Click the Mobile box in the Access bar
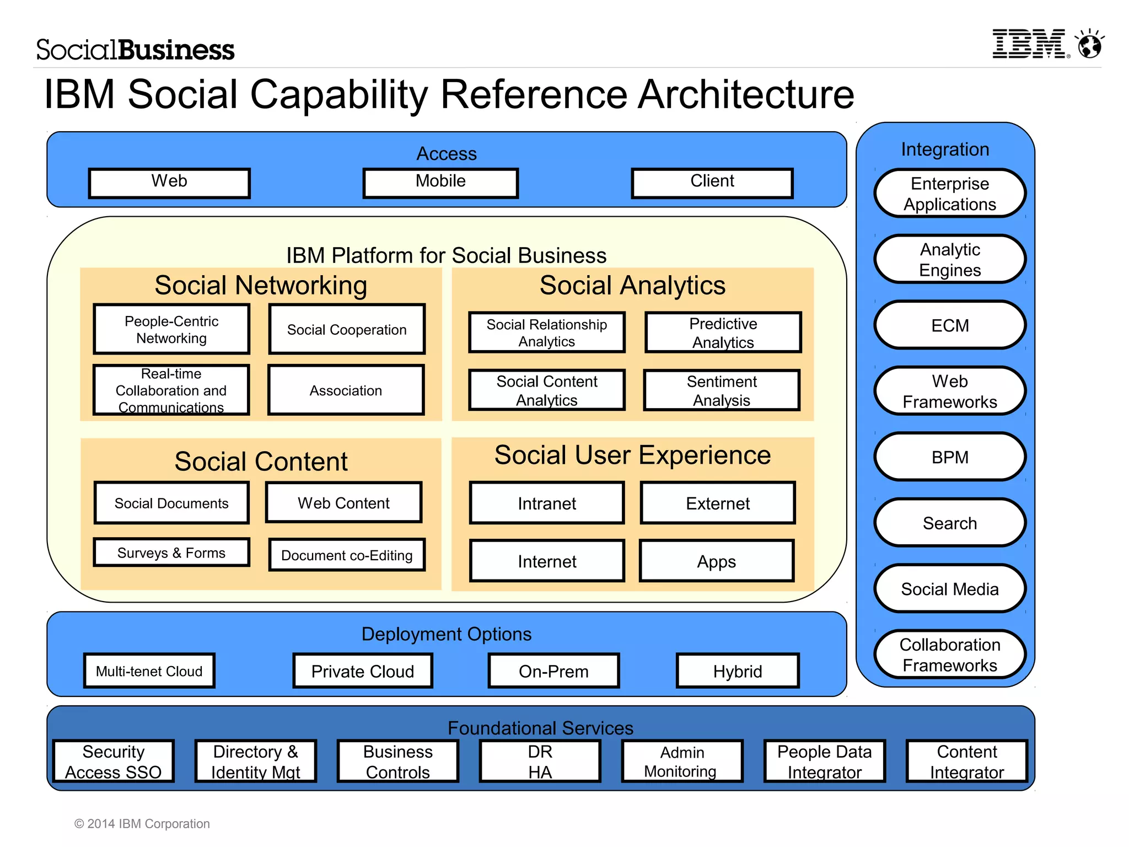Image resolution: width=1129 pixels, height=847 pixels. point(440,183)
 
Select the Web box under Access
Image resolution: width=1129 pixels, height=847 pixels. point(169,183)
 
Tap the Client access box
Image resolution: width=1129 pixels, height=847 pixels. point(712,183)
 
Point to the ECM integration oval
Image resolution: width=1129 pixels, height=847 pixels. point(949,325)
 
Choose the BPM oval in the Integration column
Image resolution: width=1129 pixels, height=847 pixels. point(949,457)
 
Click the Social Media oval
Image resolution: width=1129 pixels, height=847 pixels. point(949,589)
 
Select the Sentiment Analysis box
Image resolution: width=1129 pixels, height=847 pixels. point(721,390)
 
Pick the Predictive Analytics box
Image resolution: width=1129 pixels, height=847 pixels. point(723,333)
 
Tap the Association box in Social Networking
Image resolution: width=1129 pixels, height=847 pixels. point(346,390)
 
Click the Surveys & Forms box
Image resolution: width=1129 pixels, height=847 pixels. point(171,553)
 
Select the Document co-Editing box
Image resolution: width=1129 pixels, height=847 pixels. point(347,555)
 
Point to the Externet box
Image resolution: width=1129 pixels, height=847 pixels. point(717,503)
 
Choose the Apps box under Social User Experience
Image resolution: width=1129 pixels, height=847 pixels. point(716,561)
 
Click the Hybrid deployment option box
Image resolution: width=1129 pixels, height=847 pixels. point(737,671)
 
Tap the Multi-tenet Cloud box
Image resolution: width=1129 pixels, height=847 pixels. point(149,671)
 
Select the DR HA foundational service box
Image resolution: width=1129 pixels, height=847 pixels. point(540,762)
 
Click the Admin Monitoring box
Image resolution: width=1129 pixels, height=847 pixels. point(681,762)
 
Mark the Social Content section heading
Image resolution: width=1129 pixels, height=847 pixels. point(261,461)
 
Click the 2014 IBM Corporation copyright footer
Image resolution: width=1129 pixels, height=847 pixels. point(142,823)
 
